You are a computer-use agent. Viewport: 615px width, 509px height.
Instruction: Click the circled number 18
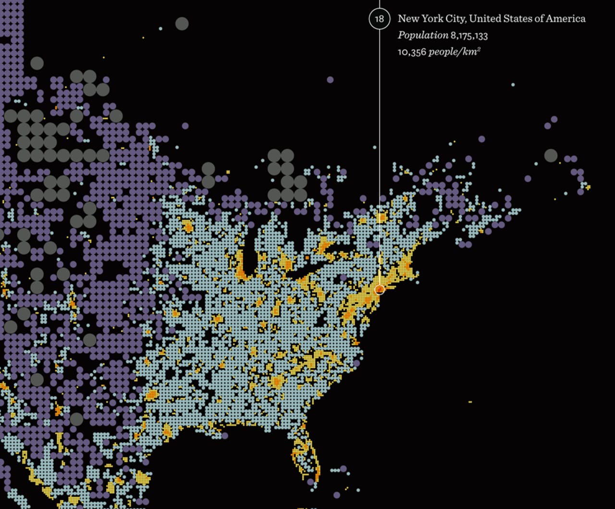380,19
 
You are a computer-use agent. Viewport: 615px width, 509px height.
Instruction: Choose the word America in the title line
566,19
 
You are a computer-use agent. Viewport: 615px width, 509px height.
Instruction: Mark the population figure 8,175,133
469,36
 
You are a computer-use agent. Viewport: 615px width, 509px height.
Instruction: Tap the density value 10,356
412,52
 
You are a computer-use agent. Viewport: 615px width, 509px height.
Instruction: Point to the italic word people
443,52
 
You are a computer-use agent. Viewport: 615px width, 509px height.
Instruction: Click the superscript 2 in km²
479,49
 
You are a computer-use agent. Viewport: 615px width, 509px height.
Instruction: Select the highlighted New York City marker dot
380,289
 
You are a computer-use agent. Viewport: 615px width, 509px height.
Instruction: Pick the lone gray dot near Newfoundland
551,155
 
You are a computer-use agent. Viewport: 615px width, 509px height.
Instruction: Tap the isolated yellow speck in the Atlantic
470,402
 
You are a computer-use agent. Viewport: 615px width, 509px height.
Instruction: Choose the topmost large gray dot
182,24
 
